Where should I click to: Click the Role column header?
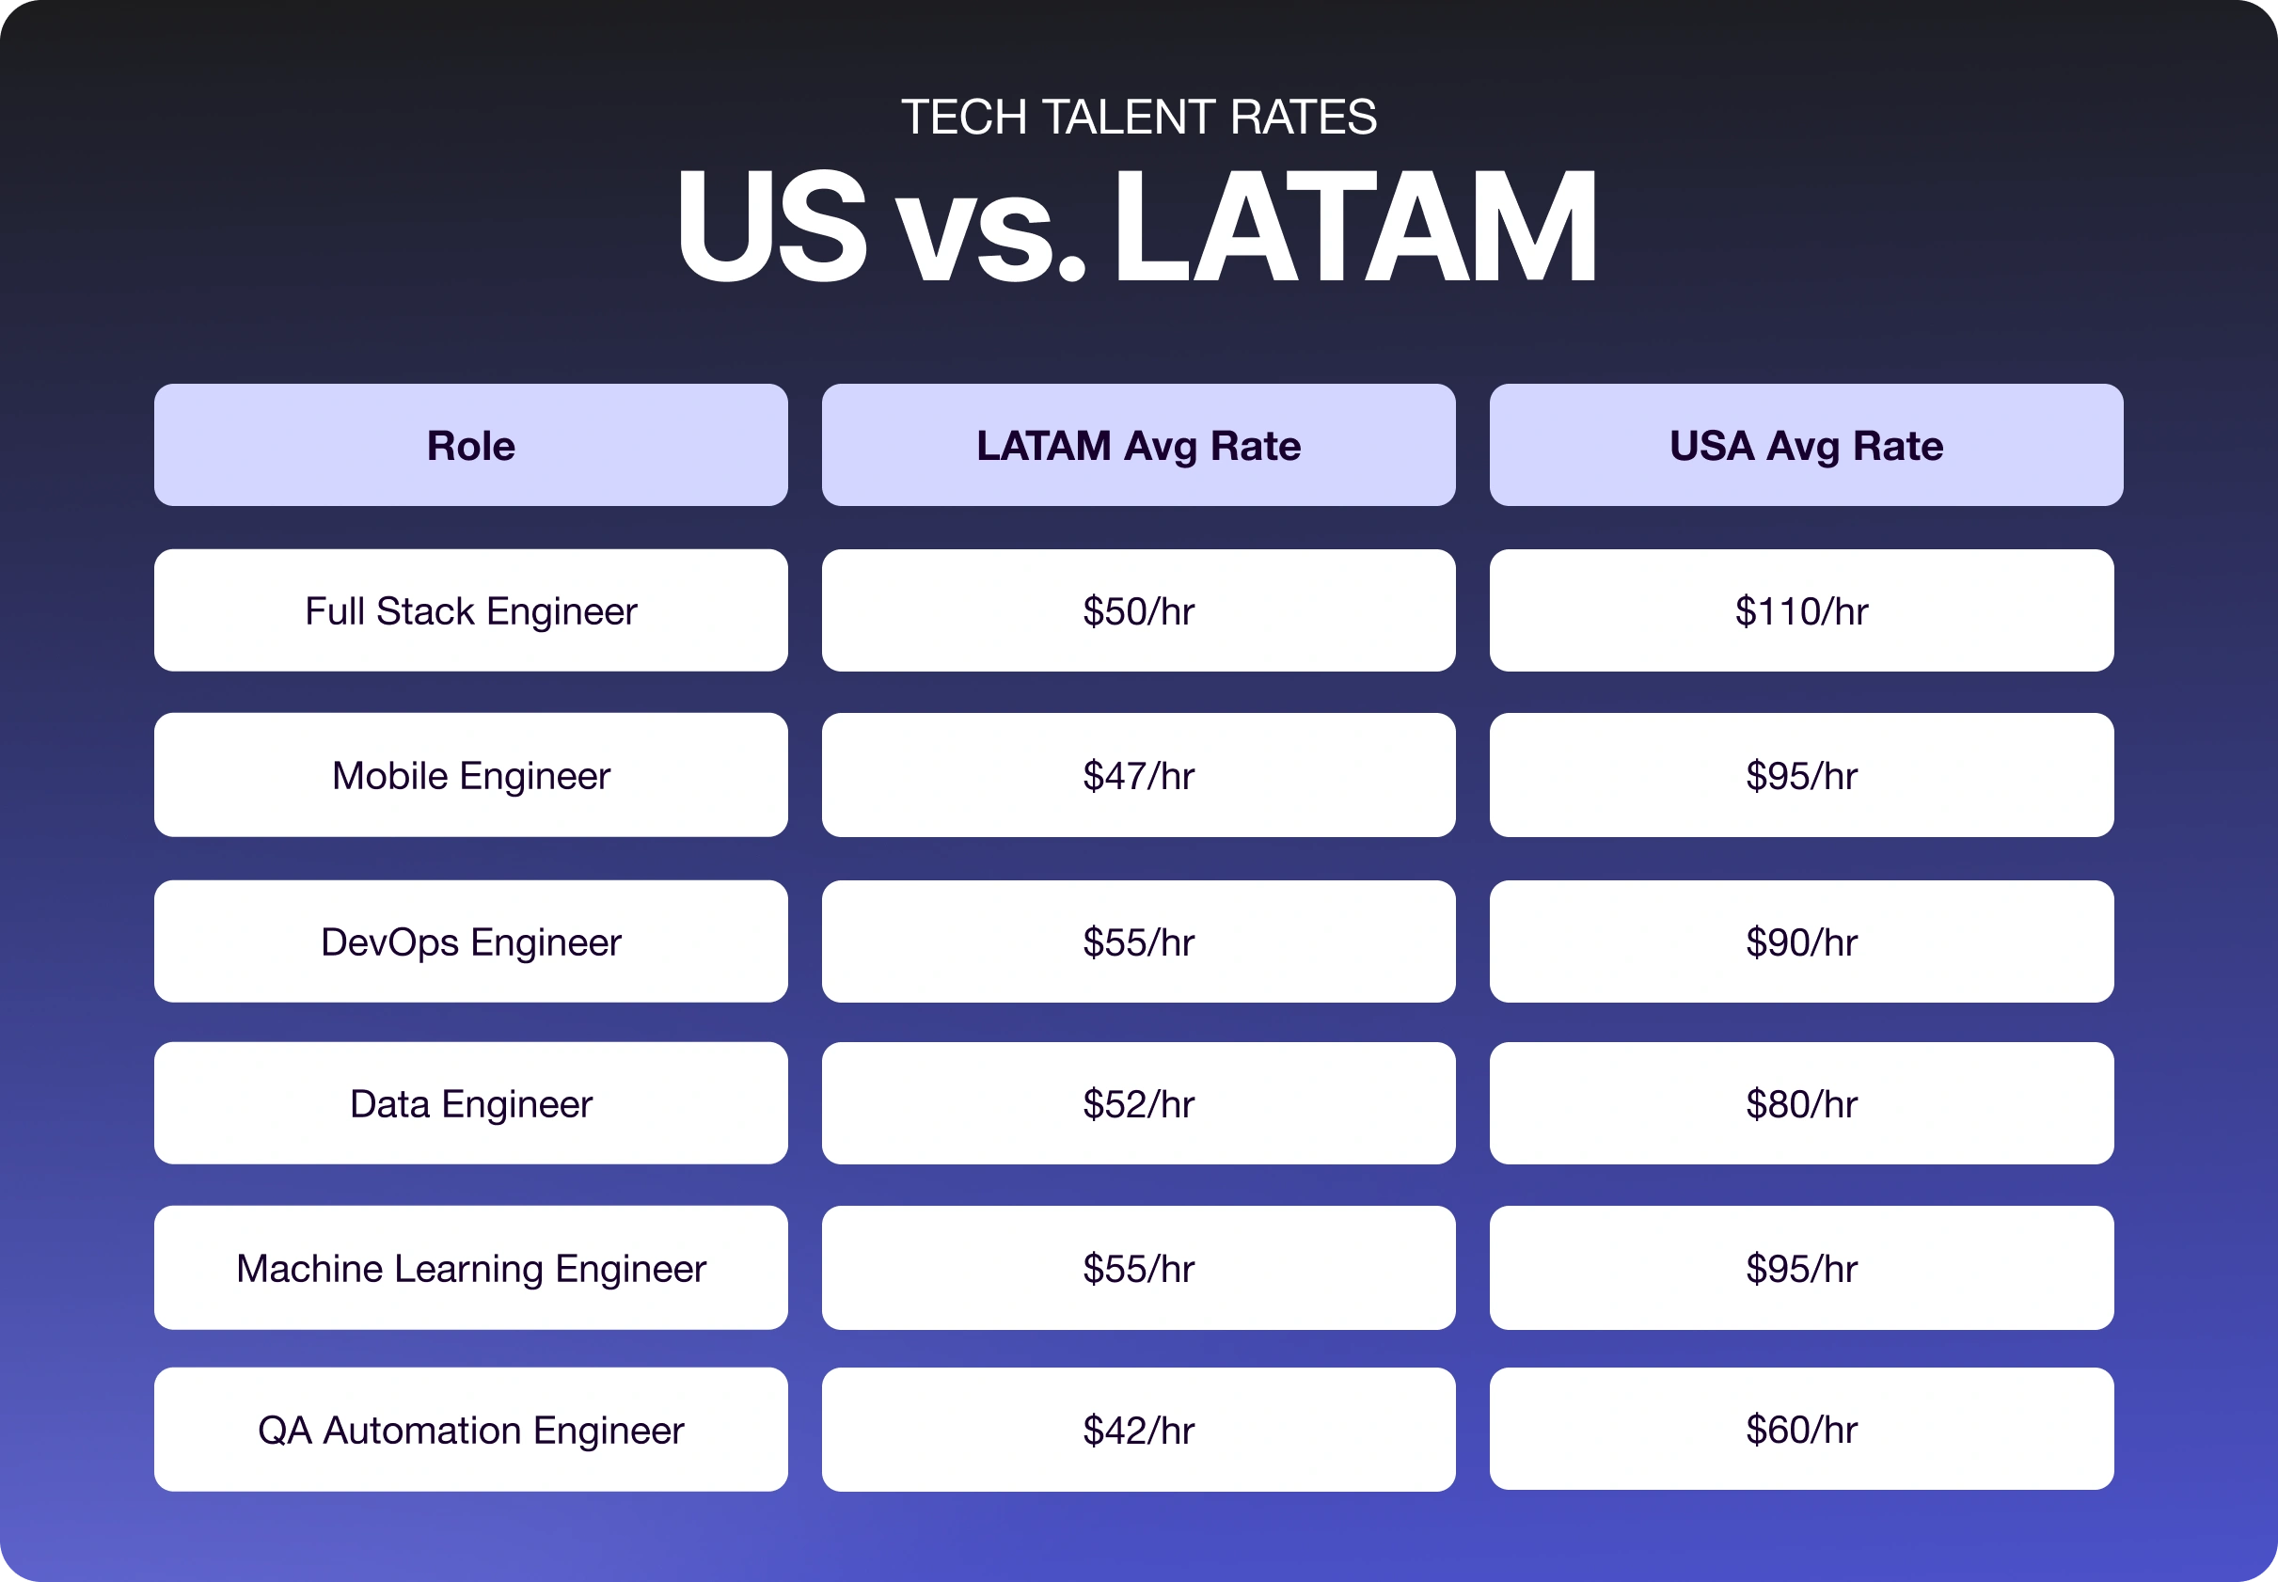pyautogui.click(x=471, y=445)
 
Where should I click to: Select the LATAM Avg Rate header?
pyautogui.click(x=1138, y=445)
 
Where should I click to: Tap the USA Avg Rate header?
pyautogui.click(x=1805, y=445)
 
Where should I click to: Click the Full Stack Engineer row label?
pyautogui.click(x=471, y=610)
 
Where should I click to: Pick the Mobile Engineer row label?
pyautogui.click(x=471, y=775)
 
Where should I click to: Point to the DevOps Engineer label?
pyautogui.click(x=471, y=941)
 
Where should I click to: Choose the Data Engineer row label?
pyautogui.click(x=471, y=1103)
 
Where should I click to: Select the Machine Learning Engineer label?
pyautogui.click(x=471, y=1268)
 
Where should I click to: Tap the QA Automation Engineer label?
pyautogui.click(x=471, y=1430)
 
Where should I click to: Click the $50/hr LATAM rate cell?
pyautogui.click(x=1138, y=610)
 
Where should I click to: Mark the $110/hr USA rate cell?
pyautogui.click(x=1801, y=610)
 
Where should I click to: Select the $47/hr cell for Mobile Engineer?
pyautogui.click(x=1138, y=775)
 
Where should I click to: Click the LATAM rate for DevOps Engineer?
pyautogui.click(x=1138, y=941)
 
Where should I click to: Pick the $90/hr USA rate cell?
pyautogui.click(x=1801, y=941)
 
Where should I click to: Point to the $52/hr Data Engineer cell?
pyautogui.click(x=1138, y=1103)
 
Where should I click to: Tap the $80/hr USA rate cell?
pyautogui.click(x=1801, y=1103)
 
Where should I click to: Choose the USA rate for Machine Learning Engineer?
pyautogui.click(x=1801, y=1268)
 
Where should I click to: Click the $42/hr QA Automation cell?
pyautogui.click(x=1138, y=1430)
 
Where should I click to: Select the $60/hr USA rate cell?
pyautogui.click(x=1801, y=1429)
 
